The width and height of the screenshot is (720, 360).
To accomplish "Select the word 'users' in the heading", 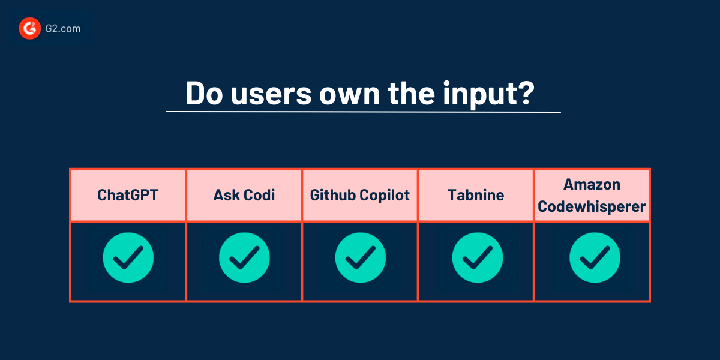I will tap(270, 94).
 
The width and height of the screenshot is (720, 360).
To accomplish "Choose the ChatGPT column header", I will tap(128, 196).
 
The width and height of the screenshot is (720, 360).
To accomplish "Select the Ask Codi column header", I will tap(244, 196).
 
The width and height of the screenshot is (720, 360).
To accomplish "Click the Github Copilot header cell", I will tap(360, 196).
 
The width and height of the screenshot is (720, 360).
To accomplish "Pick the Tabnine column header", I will tap(476, 196).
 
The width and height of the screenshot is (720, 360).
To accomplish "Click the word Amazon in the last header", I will tap(591, 184).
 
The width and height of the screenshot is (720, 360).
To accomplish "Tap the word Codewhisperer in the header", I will tap(592, 207).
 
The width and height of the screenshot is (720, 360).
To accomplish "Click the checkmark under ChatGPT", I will tap(128, 259).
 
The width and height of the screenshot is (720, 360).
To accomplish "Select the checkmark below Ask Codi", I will tap(244, 259).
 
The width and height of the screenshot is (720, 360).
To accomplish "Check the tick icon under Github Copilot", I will tap(360, 259).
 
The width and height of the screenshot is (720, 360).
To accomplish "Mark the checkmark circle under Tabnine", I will tap(476, 259).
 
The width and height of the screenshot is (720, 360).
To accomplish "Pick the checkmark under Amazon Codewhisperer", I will tap(594, 259).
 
